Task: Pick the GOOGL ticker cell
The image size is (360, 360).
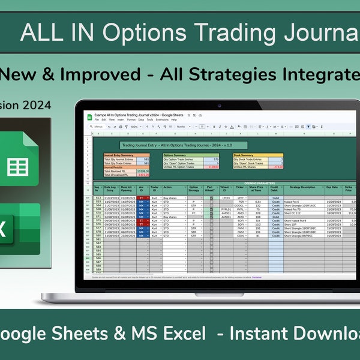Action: coord(241,205)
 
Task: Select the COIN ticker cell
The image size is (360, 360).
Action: coord(241,235)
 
